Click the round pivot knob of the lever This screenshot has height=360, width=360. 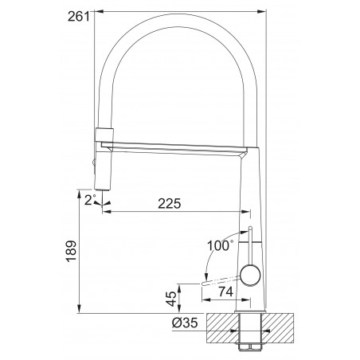[x=250, y=276]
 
